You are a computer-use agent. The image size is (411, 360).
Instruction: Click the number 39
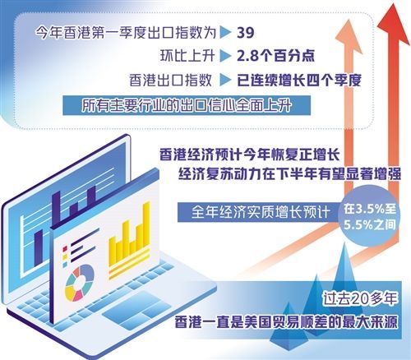click(x=246, y=33)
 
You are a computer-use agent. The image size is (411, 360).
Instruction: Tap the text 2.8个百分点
click(x=275, y=56)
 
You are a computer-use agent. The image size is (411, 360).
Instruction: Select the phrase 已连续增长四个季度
click(x=299, y=80)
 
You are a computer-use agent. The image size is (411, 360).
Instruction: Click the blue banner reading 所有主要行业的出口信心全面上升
click(x=187, y=105)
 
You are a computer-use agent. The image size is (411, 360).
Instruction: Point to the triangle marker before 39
click(x=226, y=33)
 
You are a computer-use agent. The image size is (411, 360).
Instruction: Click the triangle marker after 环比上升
click(x=226, y=56)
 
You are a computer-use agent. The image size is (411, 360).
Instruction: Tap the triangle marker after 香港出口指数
click(x=226, y=80)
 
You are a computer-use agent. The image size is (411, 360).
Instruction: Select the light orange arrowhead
click(x=349, y=31)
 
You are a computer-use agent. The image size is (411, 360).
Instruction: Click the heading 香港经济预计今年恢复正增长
click(x=250, y=155)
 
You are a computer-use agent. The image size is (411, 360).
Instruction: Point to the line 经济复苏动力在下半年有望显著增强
click(x=289, y=174)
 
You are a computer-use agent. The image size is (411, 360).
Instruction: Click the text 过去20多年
click(x=360, y=298)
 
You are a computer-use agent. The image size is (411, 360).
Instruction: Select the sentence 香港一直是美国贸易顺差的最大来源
click(x=286, y=321)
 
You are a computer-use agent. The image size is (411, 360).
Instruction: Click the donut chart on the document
click(x=79, y=283)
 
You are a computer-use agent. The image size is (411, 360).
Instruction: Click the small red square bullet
click(x=65, y=249)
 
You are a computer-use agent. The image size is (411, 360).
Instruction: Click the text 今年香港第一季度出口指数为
click(x=126, y=33)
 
